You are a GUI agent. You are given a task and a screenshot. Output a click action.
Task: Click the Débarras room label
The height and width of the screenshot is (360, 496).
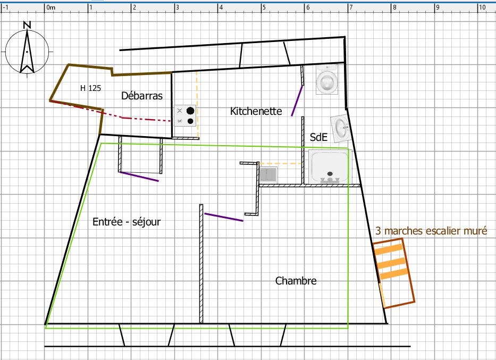(x=142, y=96)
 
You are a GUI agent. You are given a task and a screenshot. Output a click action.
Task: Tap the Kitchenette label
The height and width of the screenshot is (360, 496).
(x=256, y=111)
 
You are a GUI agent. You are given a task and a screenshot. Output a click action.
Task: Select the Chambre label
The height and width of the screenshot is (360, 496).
(x=296, y=281)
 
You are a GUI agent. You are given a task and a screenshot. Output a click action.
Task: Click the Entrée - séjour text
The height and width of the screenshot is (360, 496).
(x=127, y=222)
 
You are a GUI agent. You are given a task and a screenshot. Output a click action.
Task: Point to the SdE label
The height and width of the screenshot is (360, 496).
(x=318, y=137)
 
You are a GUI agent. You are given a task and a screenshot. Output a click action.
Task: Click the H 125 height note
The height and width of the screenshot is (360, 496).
(x=90, y=88)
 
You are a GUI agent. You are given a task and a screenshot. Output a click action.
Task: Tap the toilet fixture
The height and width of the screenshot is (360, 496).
(x=327, y=80)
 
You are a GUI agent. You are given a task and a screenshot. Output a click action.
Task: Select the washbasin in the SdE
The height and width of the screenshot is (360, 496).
(x=341, y=128)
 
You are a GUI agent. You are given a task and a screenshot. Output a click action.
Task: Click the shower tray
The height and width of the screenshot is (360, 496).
(x=330, y=167)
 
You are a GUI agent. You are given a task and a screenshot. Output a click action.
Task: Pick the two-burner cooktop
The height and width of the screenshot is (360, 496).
(x=185, y=116)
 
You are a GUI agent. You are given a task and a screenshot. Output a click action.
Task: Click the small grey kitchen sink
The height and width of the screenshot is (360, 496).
(x=268, y=174)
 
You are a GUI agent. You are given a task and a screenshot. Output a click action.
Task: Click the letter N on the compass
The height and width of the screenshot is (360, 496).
(x=27, y=26)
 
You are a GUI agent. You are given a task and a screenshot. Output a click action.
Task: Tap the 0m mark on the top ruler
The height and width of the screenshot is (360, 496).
(x=51, y=7)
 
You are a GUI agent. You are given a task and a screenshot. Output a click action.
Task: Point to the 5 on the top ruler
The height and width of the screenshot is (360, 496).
(x=264, y=7)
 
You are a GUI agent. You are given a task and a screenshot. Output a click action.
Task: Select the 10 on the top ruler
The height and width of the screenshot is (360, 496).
(x=482, y=7)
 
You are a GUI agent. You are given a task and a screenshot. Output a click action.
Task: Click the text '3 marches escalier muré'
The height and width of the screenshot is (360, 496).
(x=431, y=231)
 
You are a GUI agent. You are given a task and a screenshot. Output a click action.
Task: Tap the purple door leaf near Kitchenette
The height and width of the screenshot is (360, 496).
(x=297, y=101)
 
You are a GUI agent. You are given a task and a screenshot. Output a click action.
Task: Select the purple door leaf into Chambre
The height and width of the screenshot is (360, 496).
(x=224, y=217)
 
